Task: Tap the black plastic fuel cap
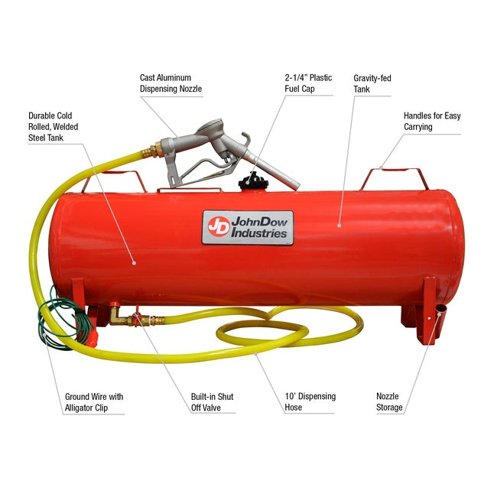tap(250, 182)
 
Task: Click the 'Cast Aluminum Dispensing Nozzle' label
tap(165, 83)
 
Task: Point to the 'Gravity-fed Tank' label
tap(372, 83)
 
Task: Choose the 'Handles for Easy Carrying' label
tap(432, 121)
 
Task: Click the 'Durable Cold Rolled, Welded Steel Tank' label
tap(54, 126)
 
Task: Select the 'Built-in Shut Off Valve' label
tap(212, 402)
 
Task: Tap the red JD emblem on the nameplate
tap(217, 227)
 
